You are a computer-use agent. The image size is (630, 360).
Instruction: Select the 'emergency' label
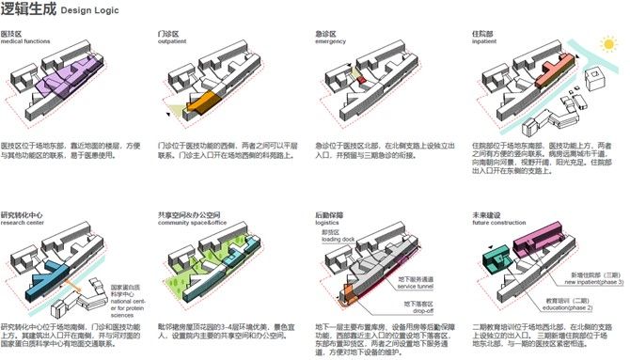click(x=331, y=42)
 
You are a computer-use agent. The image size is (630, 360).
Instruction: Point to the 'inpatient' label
click(x=484, y=42)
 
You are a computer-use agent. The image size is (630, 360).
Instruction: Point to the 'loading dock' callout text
click(x=334, y=241)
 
